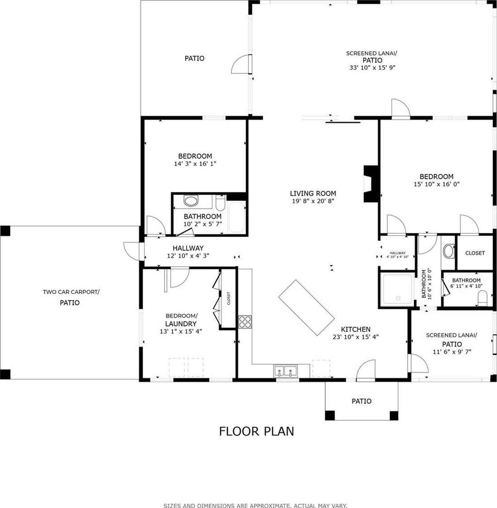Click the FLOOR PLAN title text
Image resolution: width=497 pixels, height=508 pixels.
coord(256,431)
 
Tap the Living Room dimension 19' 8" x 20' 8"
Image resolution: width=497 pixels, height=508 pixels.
coord(313,201)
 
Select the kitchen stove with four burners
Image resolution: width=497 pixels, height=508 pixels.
coord(245,322)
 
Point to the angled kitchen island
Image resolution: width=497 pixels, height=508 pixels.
coord(306,308)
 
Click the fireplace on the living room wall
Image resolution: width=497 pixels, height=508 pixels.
coord(371,184)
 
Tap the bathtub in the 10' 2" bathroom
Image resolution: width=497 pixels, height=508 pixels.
coord(236,217)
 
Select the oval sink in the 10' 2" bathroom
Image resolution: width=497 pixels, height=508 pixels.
coord(191,201)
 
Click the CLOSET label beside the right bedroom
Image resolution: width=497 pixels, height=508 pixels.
coord(475,253)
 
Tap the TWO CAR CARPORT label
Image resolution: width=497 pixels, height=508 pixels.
coord(71,292)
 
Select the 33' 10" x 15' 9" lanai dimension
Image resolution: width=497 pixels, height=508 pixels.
coord(372,68)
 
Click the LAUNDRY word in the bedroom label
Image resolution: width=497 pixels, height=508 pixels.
coord(181,324)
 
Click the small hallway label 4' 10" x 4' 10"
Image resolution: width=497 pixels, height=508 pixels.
coord(397,257)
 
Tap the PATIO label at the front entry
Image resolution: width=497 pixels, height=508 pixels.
coord(362,401)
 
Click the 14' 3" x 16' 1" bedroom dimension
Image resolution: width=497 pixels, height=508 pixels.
coord(195,163)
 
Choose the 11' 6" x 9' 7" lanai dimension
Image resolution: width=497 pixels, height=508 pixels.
coord(452,352)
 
